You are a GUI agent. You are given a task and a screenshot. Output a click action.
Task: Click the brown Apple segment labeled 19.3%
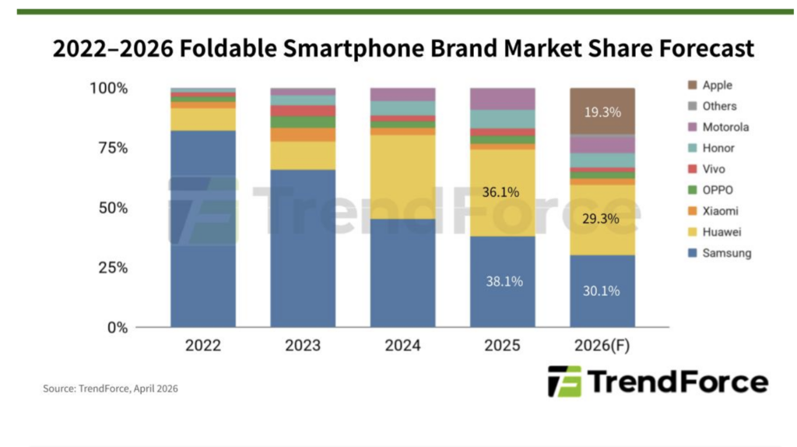pyautogui.click(x=602, y=111)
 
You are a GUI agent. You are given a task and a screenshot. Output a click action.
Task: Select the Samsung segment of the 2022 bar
pyautogui.click(x=203, y=229)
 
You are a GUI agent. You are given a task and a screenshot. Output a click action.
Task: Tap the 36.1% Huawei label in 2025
pyautogui.click(x=500, y=192)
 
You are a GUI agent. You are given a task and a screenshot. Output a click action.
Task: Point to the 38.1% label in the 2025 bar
pyautogui.click(x=504, y=281)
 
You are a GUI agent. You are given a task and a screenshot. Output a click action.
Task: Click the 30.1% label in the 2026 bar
pyautogui.click(x=602, y=291)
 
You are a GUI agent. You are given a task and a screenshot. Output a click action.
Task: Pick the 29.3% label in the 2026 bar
pyautogui.click(x=601, y=219)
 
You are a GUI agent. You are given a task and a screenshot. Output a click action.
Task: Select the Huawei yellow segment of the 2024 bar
pyautogui.click(x=402, y=177)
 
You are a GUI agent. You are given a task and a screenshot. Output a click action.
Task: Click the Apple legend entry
pyautogui.click(x=710, y=85)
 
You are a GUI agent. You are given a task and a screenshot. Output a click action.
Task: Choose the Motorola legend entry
pyautogui.click(x=718, y=127)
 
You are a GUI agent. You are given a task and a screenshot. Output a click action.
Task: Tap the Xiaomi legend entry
pyautogui.click(x=713, y=211)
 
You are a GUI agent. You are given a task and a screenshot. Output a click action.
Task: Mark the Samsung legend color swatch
pyautogui.click(x=692, y=253)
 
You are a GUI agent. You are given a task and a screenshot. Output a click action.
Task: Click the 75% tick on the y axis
pyautogui.click(x=114, y=148)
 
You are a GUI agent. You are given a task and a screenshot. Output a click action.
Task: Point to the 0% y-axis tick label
pyautogui.click(x=118, y=328)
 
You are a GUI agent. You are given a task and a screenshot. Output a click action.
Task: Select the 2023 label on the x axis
pyautogui.click(x=303, y=345)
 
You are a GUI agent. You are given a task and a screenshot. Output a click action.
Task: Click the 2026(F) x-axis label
pyautogui.click(x=602, y=345)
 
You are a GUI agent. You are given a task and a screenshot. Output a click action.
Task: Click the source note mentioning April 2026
pyautogui.click(x=111, y=389)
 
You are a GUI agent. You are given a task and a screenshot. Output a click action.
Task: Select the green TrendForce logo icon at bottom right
pyautogui.click(x=564, y=382)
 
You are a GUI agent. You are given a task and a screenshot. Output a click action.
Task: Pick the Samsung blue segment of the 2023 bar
pyautogui.click(x=303, y=248)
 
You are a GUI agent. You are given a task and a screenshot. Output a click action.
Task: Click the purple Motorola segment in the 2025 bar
pyautogui.click(x=503, y=99)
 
